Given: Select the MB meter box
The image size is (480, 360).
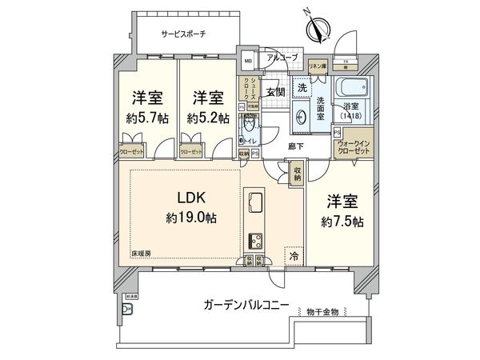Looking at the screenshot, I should (x=248, y=61).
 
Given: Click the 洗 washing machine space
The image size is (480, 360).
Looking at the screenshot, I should (x=303, y=86).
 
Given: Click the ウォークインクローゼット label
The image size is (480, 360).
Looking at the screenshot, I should (x=354, y=146).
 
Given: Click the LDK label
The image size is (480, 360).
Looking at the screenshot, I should (x=183, y=196).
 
